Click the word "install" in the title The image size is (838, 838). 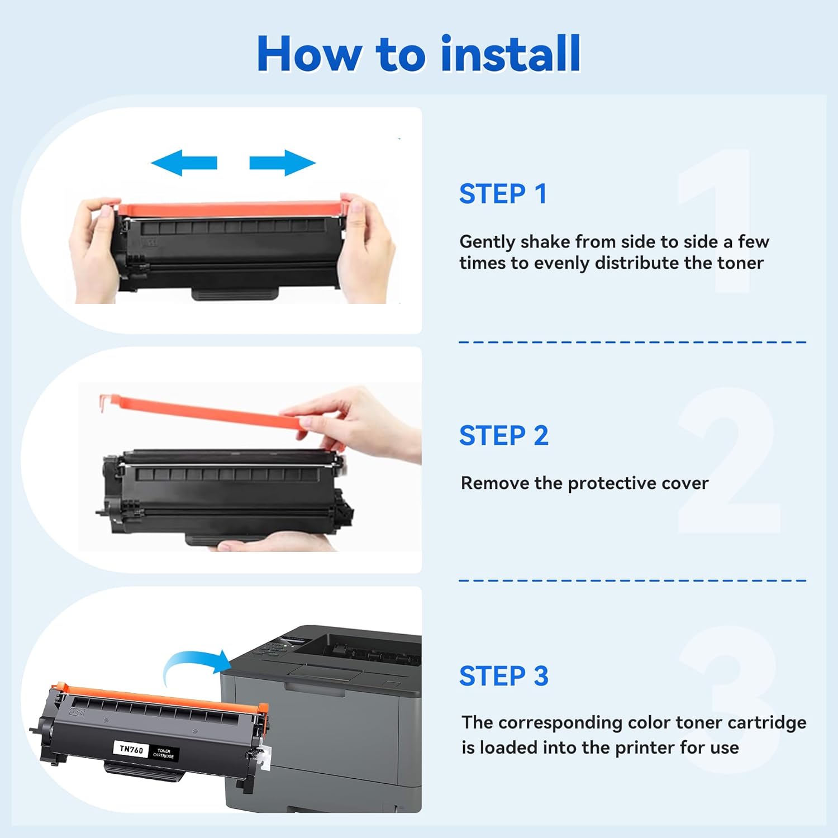click(x=511, y=54)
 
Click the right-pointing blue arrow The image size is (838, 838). click(x=282, y=163)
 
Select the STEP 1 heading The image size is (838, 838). click(x=503, y=194)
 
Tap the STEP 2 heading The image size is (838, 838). click(x=503, y=436)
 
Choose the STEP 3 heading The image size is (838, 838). click(x=503, y=677)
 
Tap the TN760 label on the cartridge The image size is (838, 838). click(x=132, y=749)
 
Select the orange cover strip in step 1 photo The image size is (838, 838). click(x=229, y=209)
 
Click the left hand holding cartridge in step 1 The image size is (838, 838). click(x=95, y=246)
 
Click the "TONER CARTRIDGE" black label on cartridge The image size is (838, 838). click(x=164, y=753)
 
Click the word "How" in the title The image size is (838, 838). click(x=309, y=54)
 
